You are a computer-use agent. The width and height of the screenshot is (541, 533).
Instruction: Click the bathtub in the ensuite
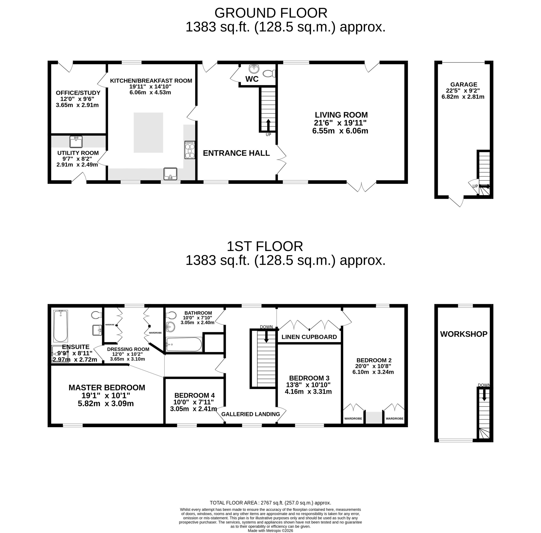pyautogui.click(x=61, y=326)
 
